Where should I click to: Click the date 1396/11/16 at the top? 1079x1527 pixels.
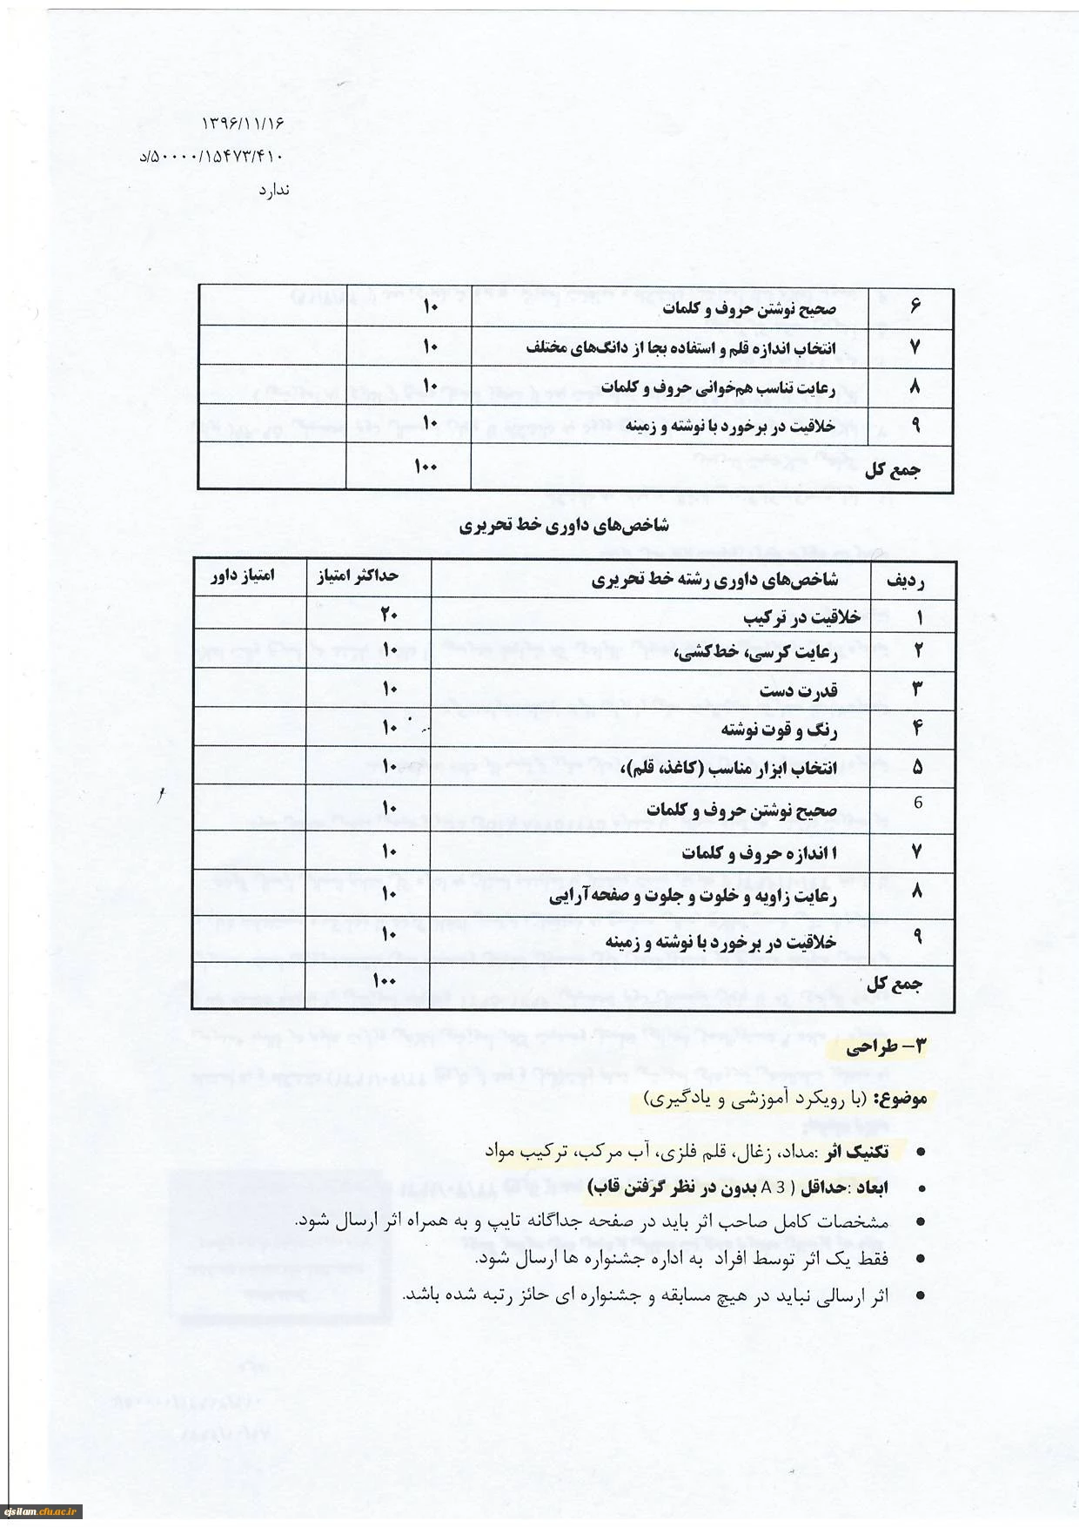coord(243,124)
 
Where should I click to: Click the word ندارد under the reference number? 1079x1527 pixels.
coord(273,190)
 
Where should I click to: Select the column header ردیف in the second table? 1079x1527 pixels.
coord(905,581)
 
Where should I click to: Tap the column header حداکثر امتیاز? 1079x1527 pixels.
coord(357,576)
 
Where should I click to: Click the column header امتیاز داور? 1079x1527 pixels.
coord(243,575)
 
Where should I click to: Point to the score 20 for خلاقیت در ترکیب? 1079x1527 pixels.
coord(388,615)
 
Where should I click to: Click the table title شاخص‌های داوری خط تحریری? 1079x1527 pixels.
coord(564,525)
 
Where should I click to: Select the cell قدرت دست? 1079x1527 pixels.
coord(798,690)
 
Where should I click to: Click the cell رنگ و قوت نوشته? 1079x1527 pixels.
coord(779,730)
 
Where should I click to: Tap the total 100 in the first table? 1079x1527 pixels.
coord(426,467)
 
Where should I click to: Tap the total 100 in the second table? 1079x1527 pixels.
coord(385,980)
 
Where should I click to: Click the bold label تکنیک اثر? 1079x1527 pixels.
coord(856,1152)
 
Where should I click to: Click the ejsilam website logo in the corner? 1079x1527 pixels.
coord(42,1511)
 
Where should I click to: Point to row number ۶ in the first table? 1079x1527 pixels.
coord(915,306)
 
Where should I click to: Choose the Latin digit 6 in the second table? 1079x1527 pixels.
coord(917,803)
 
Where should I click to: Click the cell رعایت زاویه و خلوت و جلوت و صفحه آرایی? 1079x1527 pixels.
coord(693,896)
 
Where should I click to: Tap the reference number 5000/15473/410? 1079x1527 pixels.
coord(211,157)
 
